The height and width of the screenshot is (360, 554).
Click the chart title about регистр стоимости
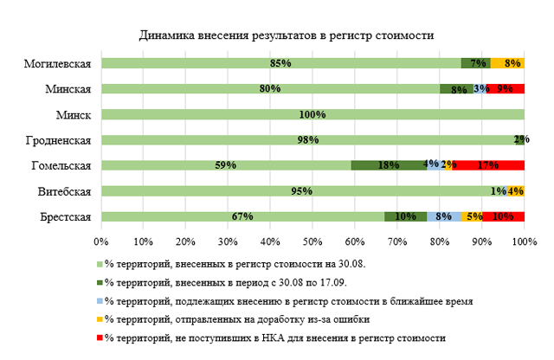click(x=287, y=35)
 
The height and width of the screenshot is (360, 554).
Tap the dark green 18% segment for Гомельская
click(x=389, y=165)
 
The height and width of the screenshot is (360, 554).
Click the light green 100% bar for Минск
click(x=312, y=114)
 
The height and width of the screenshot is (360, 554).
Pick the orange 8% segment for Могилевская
click(x=508, y=63)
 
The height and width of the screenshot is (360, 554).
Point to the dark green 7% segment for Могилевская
click(x=476, y=63)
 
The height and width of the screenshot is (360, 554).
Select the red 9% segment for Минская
click(x=506, y=88)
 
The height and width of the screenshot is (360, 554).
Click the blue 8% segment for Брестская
click(x=444, y=216)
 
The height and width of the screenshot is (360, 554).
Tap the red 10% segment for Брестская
click(x=504, y=216)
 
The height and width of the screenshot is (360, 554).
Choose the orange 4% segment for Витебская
click(x=516, y=191)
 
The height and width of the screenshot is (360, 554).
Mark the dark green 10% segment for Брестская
click(x=405, y=216)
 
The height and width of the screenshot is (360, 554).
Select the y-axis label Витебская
click(x=67, y=191)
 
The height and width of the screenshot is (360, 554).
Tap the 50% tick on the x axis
click(x=312, y=241)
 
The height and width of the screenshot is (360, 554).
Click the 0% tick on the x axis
click(x=101, y=241)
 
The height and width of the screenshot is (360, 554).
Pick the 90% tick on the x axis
click(x=482, y=241)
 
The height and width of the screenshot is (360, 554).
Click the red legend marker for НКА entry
click(x=100, y=337)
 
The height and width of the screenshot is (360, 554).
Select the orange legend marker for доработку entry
click(x=100, y=318)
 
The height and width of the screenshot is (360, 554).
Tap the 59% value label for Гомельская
click(x=226, y=165)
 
